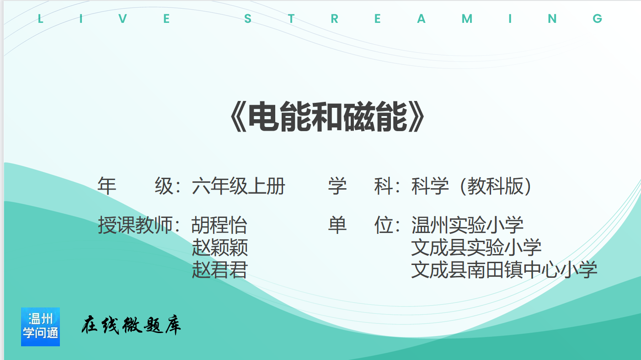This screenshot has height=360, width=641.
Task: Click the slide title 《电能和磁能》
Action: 327,117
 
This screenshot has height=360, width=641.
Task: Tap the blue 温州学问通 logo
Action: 40,327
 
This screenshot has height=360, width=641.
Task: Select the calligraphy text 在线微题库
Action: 131,325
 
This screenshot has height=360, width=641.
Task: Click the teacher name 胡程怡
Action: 219,225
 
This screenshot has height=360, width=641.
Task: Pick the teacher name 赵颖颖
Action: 219,247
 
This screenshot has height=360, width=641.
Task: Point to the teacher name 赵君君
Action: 219,270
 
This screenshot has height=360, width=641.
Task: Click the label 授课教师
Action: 135,225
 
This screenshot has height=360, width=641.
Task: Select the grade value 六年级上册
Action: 238,186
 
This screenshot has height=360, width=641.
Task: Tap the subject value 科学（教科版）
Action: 471,186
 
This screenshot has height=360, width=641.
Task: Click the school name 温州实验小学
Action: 467,225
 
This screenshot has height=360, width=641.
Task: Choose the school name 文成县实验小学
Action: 476,247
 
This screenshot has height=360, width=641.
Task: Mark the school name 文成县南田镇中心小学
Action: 504,270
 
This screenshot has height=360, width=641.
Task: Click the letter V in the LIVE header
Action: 123,19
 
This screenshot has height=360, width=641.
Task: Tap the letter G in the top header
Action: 597,19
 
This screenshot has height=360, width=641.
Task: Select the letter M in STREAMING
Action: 467,19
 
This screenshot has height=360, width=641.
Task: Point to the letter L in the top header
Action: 41,19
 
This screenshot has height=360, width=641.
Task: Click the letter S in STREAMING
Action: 248,19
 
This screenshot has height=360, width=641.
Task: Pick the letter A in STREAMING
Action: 421,19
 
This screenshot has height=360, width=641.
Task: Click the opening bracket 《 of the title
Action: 238,117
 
